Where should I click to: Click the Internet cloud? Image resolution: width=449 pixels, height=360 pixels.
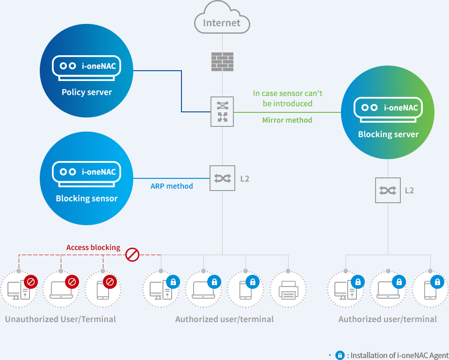(222, 17)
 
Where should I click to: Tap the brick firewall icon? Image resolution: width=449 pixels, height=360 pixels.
(222, 62)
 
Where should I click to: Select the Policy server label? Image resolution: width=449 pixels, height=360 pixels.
(87, 92)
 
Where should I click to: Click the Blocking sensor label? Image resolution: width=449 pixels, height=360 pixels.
(87, 198)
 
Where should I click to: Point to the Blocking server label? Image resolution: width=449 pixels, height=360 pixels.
(388, 134)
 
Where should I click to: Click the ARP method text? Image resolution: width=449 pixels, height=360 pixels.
(172, 186)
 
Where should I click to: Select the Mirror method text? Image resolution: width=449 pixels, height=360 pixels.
(287, 120)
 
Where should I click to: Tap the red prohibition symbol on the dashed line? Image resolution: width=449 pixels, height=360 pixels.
(132, 255)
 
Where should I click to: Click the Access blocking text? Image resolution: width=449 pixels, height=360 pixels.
(93, 247)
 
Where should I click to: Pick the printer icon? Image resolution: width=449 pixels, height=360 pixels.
(289, 290)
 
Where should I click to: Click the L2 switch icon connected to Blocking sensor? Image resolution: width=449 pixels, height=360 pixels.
(222, 178)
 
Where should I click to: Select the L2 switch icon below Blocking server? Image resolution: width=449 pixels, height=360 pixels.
(388, 191)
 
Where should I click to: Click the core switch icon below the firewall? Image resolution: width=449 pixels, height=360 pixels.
(222, 111)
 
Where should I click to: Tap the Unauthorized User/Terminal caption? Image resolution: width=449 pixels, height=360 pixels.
(60, 319)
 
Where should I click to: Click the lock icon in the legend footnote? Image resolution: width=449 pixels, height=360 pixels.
(340, 355)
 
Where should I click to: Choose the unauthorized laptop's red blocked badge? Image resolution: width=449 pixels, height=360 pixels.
(72, 282)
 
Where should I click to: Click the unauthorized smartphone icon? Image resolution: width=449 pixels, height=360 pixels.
(103, 290)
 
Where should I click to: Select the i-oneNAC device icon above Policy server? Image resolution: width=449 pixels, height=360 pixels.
(87, 68)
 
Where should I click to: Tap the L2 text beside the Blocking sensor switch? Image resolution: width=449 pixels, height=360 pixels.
(245, 179)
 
